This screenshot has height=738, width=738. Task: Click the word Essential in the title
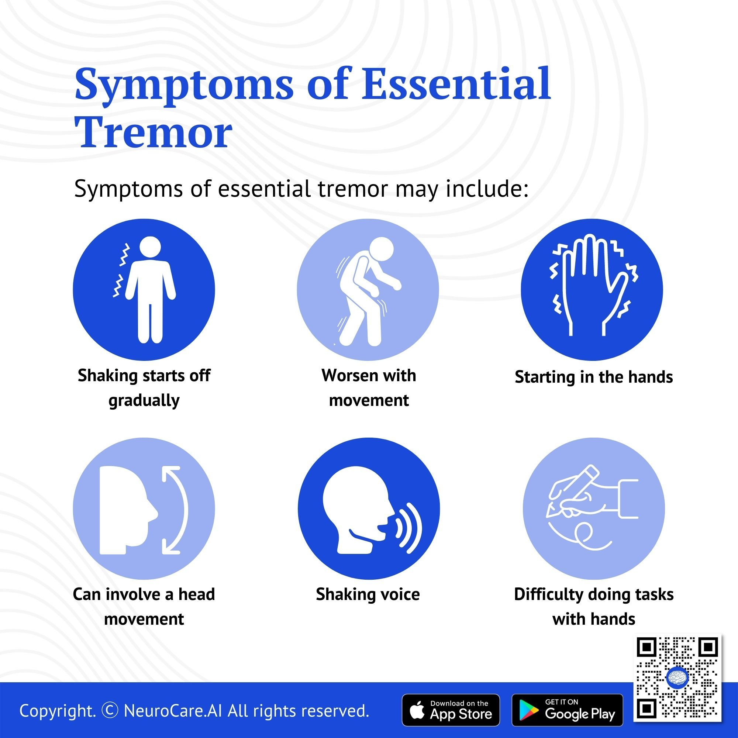[455, 83]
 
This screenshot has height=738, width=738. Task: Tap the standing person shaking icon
[144, 290]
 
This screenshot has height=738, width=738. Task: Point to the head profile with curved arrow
[144, 509]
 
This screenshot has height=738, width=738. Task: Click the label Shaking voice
[368, 594]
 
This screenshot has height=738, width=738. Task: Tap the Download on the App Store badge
[451, 710]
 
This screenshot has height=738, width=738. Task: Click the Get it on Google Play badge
[567, 710]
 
